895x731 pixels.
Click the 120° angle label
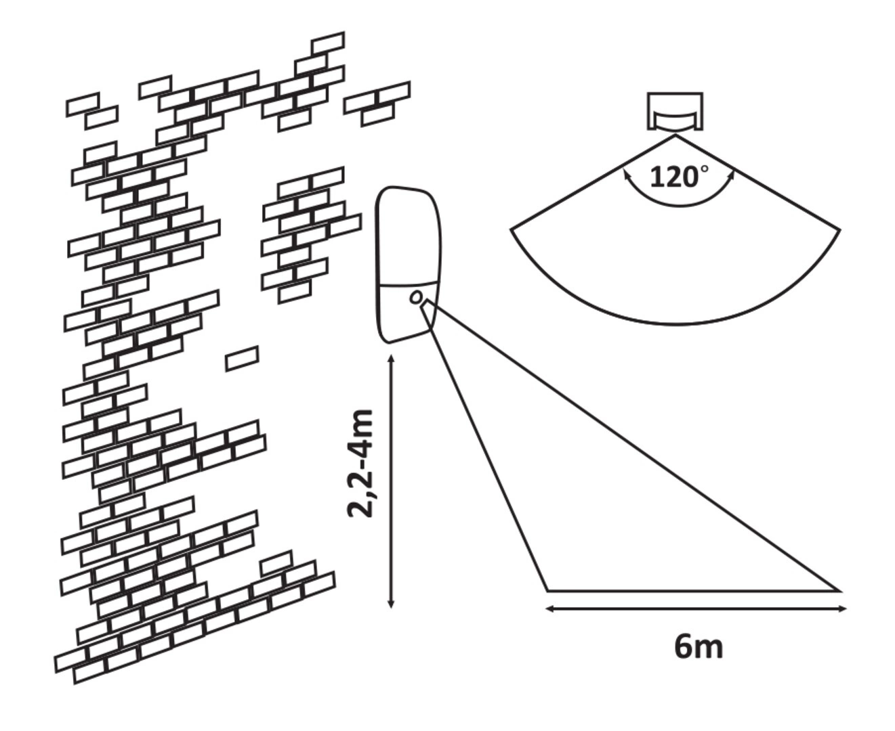click(x=679, y=177)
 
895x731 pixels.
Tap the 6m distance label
click(x=698, y=647)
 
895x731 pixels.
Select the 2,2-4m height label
click(x=360, y=464)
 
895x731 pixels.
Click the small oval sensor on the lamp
click(x=416, y=297)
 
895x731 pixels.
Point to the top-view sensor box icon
click(x=675, y=111)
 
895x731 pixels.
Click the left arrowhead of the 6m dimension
click(x=549, y=609)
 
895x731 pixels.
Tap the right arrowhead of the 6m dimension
click(x=842, y=609)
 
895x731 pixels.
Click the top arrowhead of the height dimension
click(x=392, y=359)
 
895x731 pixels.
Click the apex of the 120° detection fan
click(x=675, y=135)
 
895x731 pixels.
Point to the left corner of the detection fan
click(x=512, y=229)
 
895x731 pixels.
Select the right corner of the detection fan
click(x=839, y=230)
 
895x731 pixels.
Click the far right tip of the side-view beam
click(x=839, y=590)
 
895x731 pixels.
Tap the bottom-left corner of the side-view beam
click(x=547, y=590)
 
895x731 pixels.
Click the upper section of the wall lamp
click(x=408, y=236)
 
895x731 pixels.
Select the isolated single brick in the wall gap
click(x=242, y=358)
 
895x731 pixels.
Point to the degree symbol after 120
click(x=705, y=169)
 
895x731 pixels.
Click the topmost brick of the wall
click(x=328, y=43)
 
